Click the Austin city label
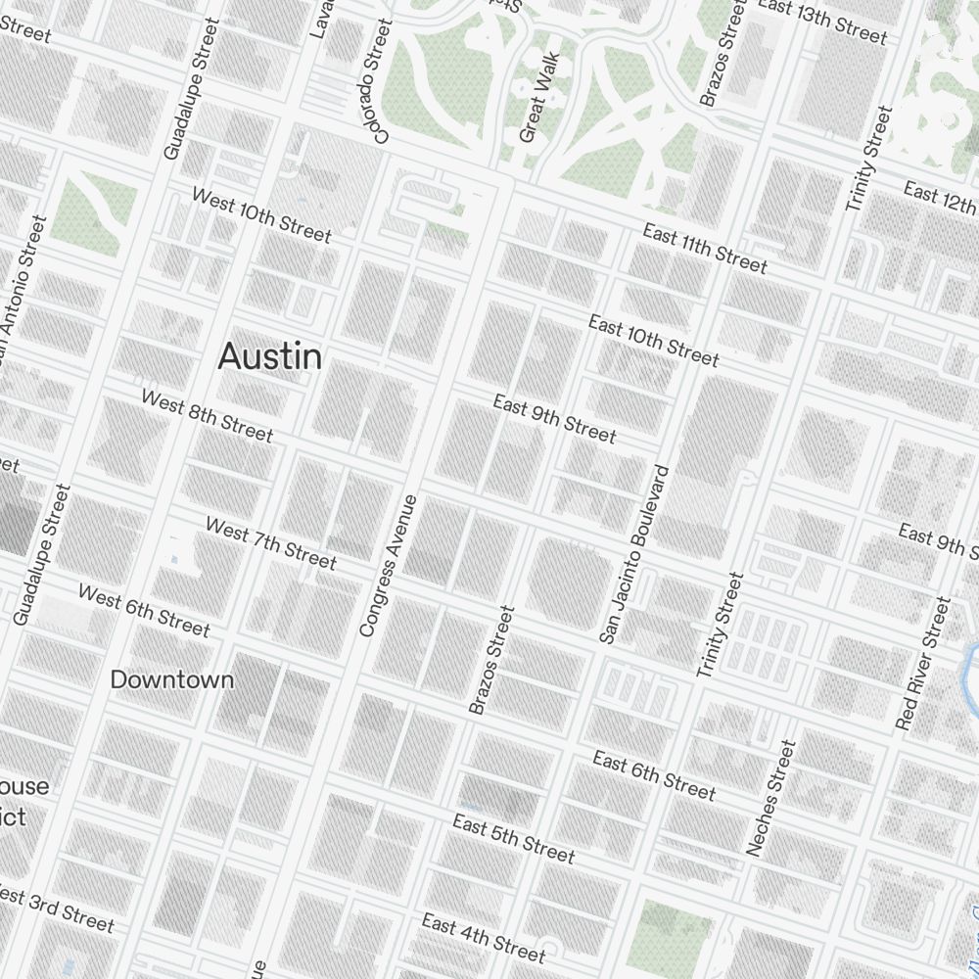coord(269,356)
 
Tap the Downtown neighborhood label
coord(171,679)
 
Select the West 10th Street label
coord(261,215)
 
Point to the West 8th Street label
coord(208,416)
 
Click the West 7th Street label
coord(271,543)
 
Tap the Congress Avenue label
coord(389,566)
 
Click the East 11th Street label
coord(705,249)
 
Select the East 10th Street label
coord(653,341)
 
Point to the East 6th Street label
coord(654,775)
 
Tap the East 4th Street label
coord(483,937)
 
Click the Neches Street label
coord(771,798)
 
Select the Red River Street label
coord(923,664)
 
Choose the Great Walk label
coord(538,98)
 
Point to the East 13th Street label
coord(822,22)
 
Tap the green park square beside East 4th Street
coord(675,929)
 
